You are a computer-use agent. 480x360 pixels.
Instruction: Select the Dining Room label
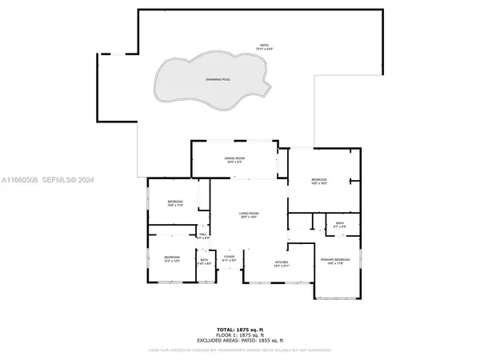(x=234, y=159)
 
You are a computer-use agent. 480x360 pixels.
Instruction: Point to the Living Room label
(x=250, y=214)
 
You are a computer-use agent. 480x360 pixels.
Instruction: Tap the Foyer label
(x=228, y=256)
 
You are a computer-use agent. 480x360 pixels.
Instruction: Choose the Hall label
(x=203, y=234)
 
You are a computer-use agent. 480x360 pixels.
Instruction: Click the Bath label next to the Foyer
(x=204, y=260)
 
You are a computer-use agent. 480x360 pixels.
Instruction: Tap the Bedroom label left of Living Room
(x=175, y=202)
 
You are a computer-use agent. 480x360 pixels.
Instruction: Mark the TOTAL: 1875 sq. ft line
(x=239, y=330)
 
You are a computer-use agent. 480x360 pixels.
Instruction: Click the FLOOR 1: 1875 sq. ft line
(x=239, y=335)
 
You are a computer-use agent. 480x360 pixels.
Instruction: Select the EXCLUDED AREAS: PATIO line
(x=239, y=341)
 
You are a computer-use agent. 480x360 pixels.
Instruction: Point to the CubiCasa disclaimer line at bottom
(x=239, y=350)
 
